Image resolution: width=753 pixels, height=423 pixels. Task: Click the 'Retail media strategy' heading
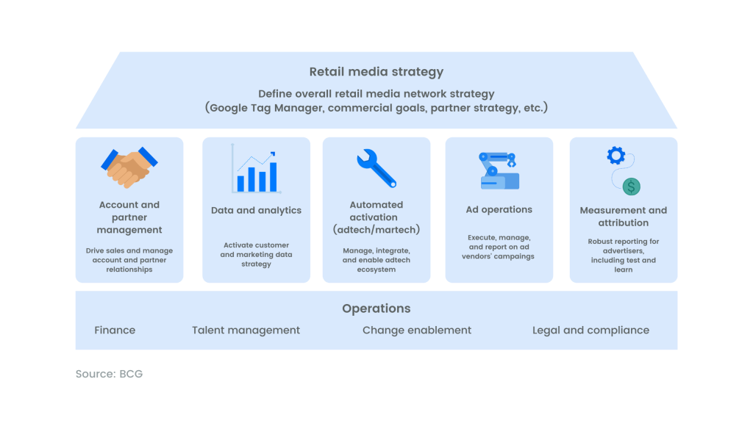[376, 72]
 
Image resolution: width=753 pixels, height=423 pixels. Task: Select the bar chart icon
[255, 168]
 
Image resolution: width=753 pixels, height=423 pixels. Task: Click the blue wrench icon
[376, 168]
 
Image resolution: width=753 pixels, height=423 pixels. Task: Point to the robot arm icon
[499, 170]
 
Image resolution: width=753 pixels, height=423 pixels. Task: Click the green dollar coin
[631, 187]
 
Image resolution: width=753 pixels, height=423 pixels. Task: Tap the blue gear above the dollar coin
[615, 156]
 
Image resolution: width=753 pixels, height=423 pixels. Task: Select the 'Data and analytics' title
[256, 211]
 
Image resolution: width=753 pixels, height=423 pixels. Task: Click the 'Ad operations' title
[499, 209]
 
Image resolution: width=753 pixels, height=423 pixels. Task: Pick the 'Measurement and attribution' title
[624, 217]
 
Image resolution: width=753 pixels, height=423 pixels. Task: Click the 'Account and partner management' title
[129, 217]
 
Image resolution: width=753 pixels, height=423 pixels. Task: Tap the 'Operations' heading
[376, 308]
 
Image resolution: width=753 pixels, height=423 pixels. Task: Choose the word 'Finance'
[115, 330]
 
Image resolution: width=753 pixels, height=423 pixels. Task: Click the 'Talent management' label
[246, 330]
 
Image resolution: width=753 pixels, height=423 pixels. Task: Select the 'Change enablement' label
[417, 330]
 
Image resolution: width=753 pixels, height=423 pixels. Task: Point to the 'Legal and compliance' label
[590, 330]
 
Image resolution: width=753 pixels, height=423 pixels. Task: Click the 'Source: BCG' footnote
[109, 374]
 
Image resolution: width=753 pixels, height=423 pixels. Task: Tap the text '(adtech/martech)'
[376, 230]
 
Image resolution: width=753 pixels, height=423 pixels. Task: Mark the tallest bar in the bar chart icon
[273, 177]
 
